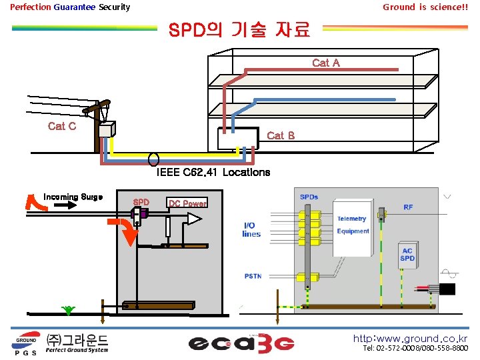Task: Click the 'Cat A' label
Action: tap(326, 63)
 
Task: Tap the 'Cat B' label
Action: tap(281, 135)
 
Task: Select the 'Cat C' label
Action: tap(62, 126)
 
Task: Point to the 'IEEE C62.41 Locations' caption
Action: tap(213, 173)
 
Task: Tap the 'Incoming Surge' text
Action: tap(73, 197)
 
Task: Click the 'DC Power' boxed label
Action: tap(187, 203)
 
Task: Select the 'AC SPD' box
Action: tap(407, 254)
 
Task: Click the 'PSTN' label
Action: tap(253, 275)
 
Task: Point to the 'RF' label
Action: tap(408, 207)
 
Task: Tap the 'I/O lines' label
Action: tap(251, 230)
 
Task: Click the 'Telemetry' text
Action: tap(351, 219)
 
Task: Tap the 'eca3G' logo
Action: tap(241, 343)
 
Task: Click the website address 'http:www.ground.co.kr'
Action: tap(410, 339)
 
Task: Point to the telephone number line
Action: tap(415, 349)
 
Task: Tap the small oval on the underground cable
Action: tap(153, 160)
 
